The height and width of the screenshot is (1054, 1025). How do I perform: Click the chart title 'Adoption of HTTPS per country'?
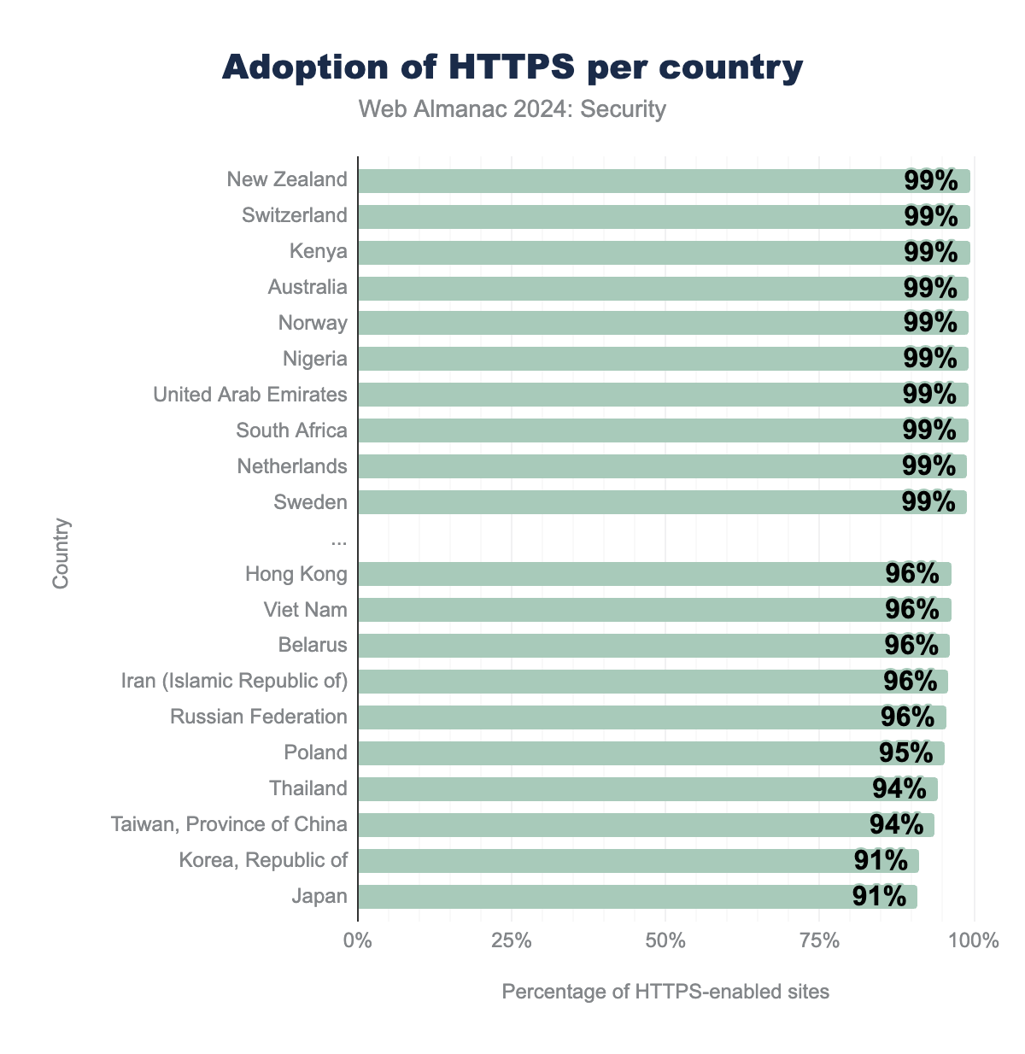click(512, 67)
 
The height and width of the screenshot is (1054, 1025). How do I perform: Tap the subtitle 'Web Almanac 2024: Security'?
click(512, 109)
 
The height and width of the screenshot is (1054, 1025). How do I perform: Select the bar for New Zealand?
click(632, 180)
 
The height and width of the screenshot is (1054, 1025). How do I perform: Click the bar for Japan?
click(598, 897)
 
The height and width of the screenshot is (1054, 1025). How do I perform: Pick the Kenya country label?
click(319, 251)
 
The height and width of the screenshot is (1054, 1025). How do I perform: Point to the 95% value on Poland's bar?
click(905, 752)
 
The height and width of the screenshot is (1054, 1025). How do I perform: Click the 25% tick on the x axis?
click(512, 941)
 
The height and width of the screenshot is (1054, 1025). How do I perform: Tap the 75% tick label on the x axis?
click(819, 941)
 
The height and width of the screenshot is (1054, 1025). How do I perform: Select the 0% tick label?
click(357, 941)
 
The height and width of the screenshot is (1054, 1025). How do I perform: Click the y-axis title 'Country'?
click(61, 553)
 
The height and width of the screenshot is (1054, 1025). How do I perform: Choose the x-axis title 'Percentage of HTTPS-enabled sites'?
click(665, 992)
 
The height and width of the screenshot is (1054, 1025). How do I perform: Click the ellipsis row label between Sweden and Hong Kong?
click(339, 538)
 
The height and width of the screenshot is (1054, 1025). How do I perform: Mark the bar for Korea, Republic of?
click(598, 861)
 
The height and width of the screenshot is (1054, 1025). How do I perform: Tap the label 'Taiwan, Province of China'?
click(229, 824)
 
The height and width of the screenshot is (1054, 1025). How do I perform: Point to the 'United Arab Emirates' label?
click(250, 395)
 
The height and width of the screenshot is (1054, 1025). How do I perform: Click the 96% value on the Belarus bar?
click(911, 645)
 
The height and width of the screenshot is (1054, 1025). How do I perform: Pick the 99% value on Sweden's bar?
click(928, 501)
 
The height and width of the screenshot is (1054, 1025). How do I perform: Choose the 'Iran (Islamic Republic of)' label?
click(235, 681)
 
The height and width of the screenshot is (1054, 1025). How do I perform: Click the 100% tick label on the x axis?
click(974, 941)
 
